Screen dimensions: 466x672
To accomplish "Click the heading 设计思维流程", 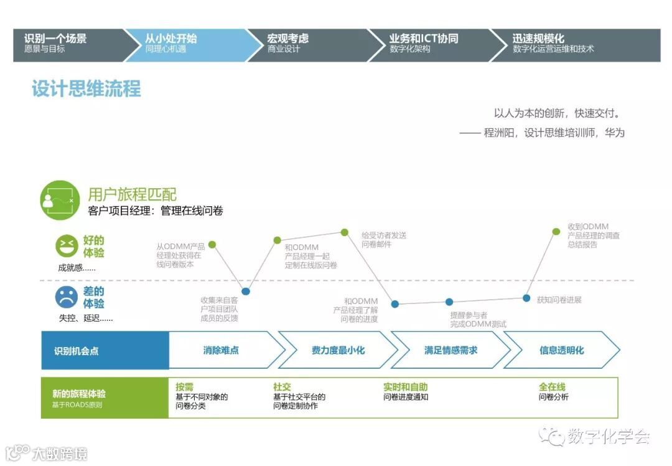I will (86, 88).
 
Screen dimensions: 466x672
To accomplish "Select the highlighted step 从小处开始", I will (170, 43).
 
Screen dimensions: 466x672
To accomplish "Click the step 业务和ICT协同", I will (423, 43).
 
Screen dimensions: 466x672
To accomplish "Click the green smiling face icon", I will (67, 246).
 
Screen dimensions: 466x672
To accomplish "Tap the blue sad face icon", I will (67, 297).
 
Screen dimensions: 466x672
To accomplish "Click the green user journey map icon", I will (60, 199).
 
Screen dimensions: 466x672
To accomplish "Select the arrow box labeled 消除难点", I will (222, 350).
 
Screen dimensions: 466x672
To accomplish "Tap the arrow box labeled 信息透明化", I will (561, 350).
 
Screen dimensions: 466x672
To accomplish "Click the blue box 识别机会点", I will (105, 350).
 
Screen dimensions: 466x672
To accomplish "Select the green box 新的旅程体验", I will (105, 397).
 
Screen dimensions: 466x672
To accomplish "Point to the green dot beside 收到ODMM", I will (556, 232).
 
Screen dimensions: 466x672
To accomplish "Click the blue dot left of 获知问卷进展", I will (526, 298).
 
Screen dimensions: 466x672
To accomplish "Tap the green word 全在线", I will (552, 387).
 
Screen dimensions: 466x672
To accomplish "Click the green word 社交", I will (282, 387).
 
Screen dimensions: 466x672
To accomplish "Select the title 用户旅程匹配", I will (132, 194).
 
